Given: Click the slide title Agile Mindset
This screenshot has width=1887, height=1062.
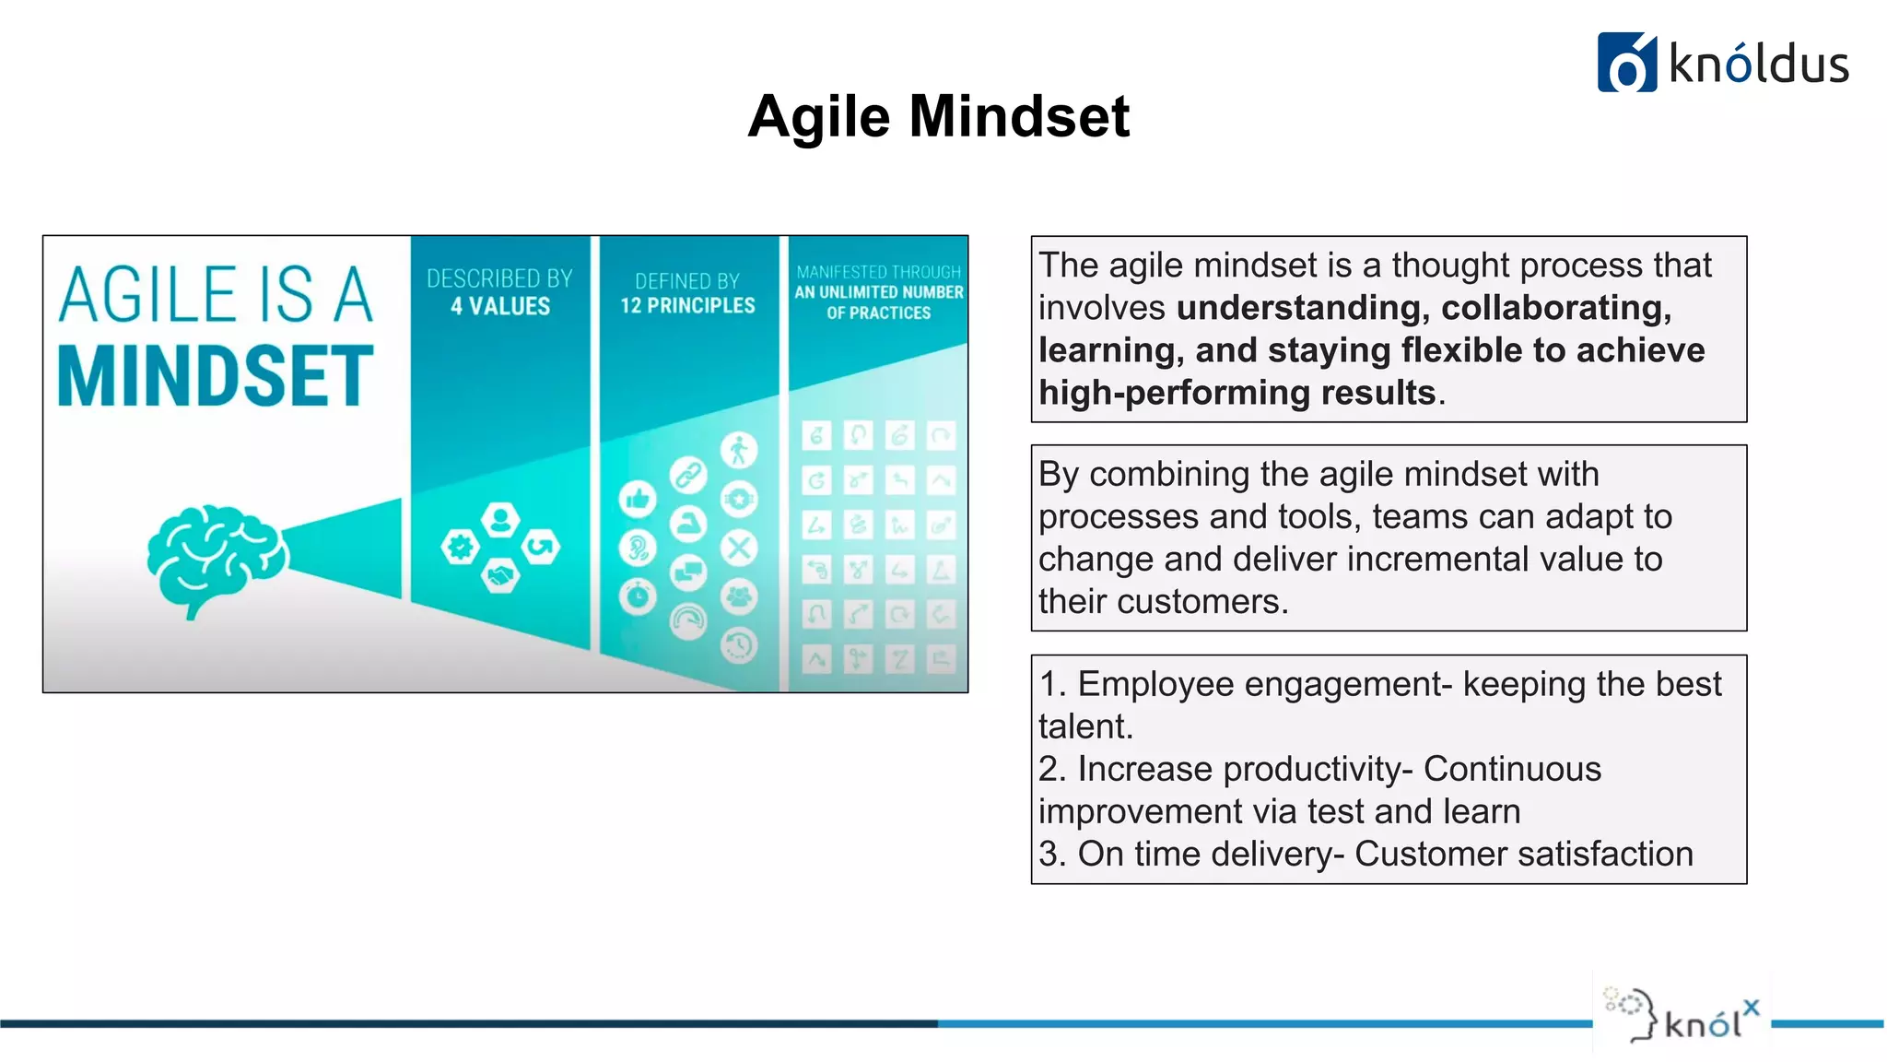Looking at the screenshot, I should tap(938, 117).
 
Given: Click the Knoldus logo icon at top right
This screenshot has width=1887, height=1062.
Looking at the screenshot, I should tap(1626, 63).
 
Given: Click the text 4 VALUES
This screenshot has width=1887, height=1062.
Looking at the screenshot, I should tap(499, 306).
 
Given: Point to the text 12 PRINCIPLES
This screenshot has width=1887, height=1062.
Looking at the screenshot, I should tap(687, 305).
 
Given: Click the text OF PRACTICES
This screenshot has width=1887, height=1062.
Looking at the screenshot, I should tap(878, 313).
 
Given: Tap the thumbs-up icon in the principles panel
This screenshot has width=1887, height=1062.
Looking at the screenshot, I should tap(638, 500).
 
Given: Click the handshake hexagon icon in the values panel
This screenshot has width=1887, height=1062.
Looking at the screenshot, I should tap(500, 576).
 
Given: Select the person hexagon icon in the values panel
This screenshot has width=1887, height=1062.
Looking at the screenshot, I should tap(500, 520).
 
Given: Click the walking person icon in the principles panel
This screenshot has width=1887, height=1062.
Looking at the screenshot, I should tap(738, 451).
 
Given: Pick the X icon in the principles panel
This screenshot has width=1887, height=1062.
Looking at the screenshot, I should tap(738, 549).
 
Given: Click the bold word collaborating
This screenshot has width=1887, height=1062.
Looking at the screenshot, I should tap(1555, 308).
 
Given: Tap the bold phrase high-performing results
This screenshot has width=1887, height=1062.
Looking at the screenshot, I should tap(1237, 393).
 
